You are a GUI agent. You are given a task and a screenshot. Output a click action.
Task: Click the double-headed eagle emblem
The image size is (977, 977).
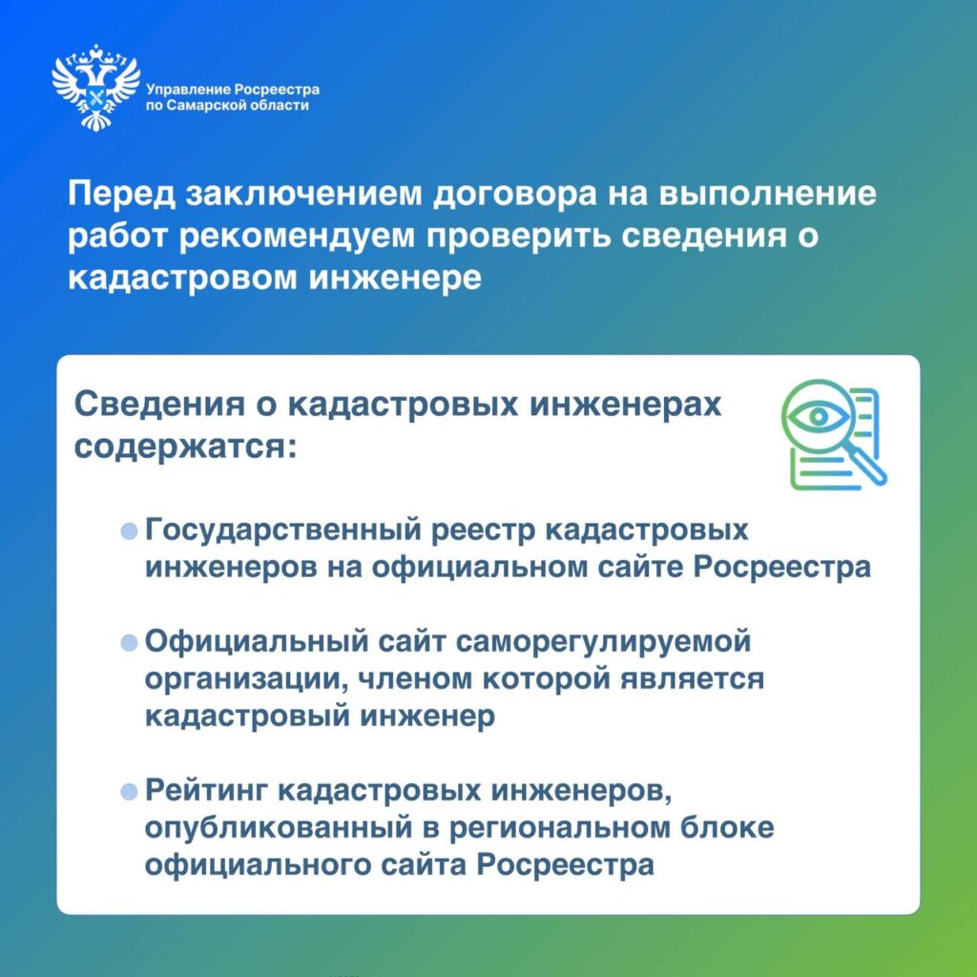(x=96, y=87)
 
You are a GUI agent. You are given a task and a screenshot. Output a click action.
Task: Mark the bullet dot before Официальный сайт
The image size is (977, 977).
(x=129, y=643)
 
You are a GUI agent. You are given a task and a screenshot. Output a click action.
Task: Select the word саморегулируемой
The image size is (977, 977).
(x=603, y=642)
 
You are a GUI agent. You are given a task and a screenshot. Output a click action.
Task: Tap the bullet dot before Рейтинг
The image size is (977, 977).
(x=129, y=792)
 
